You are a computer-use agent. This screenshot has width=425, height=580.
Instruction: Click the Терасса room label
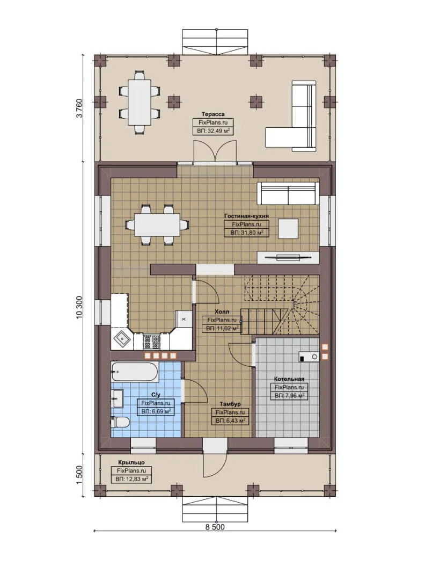tap(213, 114)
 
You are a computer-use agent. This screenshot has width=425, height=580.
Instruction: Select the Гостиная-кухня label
tap(246, 216)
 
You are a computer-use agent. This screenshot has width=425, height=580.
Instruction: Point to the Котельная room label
tap(289, 379)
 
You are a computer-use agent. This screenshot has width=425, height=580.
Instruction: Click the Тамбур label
tap(230, 404)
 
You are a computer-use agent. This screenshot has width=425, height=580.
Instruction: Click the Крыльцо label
tap(131, 462)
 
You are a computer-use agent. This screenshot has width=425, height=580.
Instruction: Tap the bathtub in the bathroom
tap(135, 371)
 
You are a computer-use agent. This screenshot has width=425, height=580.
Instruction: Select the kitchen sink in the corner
tap(122, 338)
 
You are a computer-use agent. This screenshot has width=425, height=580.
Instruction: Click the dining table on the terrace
tap(140, 102)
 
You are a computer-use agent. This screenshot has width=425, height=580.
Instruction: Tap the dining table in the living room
tap(157, 224)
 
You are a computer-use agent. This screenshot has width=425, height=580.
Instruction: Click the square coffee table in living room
tap(288, 229)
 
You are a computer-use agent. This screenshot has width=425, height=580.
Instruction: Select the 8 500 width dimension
tap(215, 527)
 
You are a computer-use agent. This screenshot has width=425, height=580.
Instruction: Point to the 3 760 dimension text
tap(80, 107)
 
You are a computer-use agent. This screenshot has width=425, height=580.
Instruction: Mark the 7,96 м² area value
tap(289, 396)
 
